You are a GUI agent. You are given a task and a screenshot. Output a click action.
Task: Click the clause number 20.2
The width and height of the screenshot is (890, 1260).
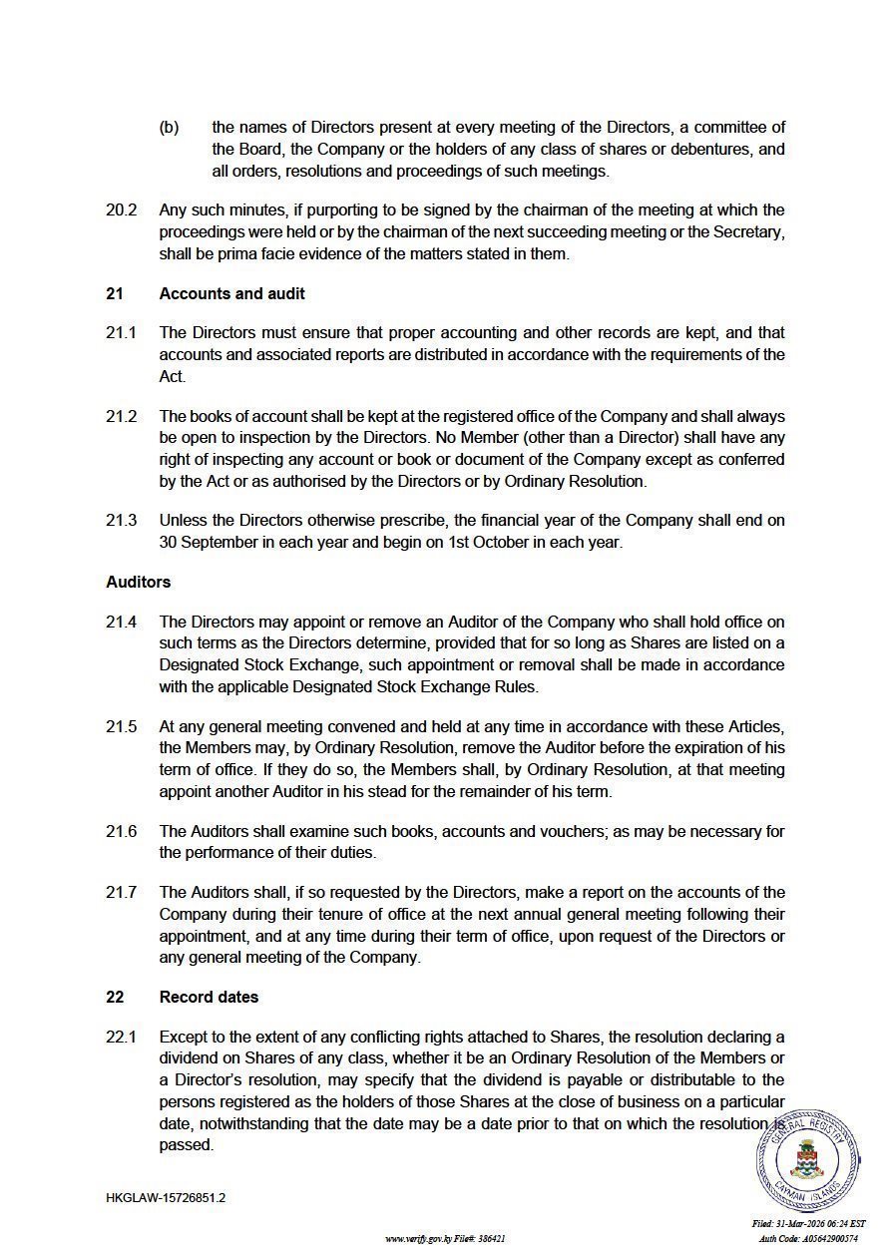click(121, 210)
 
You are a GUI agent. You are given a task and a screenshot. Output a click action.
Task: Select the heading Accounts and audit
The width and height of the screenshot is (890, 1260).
click(231, 293)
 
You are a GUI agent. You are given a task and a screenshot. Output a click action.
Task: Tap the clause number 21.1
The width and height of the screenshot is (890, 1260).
click(121, 332)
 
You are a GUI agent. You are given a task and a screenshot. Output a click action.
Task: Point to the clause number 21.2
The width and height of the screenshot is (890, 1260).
click(121, 416)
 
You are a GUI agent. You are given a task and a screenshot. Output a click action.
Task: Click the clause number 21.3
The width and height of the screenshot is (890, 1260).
click(121, 521)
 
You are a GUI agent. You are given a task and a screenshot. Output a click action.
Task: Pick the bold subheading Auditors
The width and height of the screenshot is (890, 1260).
click(138, 582)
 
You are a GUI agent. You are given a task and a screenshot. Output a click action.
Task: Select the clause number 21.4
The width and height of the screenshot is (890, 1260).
click(121, 622)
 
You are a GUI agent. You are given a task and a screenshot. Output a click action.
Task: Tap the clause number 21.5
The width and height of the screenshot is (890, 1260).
click(121, 726)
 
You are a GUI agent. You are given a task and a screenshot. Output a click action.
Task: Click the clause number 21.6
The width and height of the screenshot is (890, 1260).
click(121, 831)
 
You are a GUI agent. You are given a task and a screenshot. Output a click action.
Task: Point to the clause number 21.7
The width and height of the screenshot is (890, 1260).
click(121, 892)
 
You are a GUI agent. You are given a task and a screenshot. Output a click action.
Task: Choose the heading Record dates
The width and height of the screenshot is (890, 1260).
click(209, 997)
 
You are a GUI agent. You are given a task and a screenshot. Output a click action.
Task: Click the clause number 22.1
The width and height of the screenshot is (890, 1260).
click(121, 1038)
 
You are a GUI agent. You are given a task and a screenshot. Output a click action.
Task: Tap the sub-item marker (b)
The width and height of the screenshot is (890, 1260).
click(169, 127)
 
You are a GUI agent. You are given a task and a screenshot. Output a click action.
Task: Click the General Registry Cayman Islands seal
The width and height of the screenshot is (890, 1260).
click(807, 1159)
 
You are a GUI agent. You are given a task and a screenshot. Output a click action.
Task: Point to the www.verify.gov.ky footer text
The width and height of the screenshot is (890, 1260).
click(445, 1239)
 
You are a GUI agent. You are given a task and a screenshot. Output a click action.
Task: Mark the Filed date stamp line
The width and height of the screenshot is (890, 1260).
click(808, 1224)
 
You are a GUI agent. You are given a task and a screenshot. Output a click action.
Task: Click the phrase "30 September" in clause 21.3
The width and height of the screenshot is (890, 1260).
click(204, 543)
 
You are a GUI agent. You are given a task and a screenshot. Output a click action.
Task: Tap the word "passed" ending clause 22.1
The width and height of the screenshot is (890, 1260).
click(186, 1145)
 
